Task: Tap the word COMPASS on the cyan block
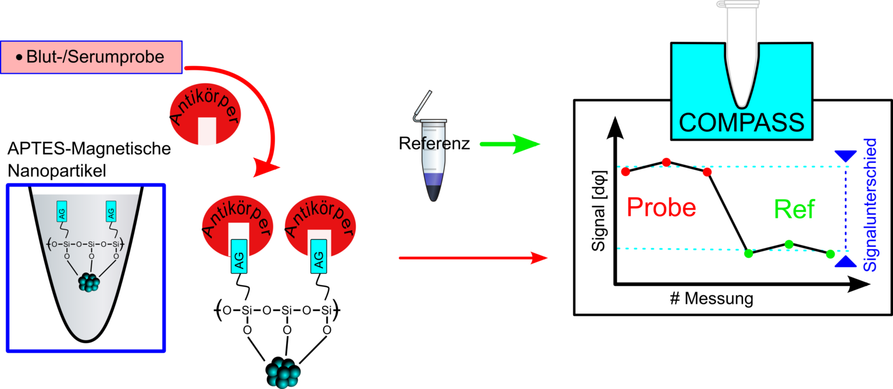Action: (742, 123)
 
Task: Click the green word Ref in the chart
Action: (795, 209)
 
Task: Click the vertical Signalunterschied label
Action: (870, 205)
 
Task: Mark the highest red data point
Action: (667, 161)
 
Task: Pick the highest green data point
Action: (789, 244)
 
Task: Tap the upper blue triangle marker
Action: (845, 156)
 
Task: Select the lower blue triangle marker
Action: (845, 262)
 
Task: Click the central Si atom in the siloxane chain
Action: (91, 245)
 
